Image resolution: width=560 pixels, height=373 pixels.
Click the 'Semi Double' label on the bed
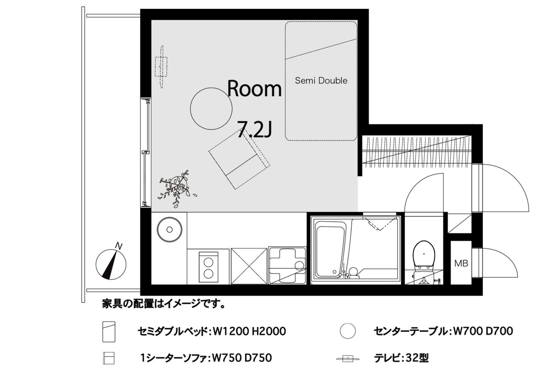321,80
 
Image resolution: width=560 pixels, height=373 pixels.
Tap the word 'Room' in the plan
254,88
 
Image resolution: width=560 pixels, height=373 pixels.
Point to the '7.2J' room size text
254,129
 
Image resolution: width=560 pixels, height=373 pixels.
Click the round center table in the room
211,108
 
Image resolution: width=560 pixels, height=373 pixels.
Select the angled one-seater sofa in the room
239,159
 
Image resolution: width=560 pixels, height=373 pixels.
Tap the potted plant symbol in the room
176,189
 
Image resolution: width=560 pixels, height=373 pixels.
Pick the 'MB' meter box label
461,263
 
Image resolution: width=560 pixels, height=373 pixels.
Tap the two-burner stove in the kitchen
208,267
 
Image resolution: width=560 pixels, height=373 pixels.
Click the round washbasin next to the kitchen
170,230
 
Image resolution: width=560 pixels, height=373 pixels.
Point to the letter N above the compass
119,246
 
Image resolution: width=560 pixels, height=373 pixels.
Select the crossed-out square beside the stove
249,266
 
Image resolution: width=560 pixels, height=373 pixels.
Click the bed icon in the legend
109,331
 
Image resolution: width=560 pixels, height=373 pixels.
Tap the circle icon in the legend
348,331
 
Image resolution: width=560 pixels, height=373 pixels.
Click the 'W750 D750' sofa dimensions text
242,358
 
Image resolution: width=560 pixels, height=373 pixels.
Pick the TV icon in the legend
348,359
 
